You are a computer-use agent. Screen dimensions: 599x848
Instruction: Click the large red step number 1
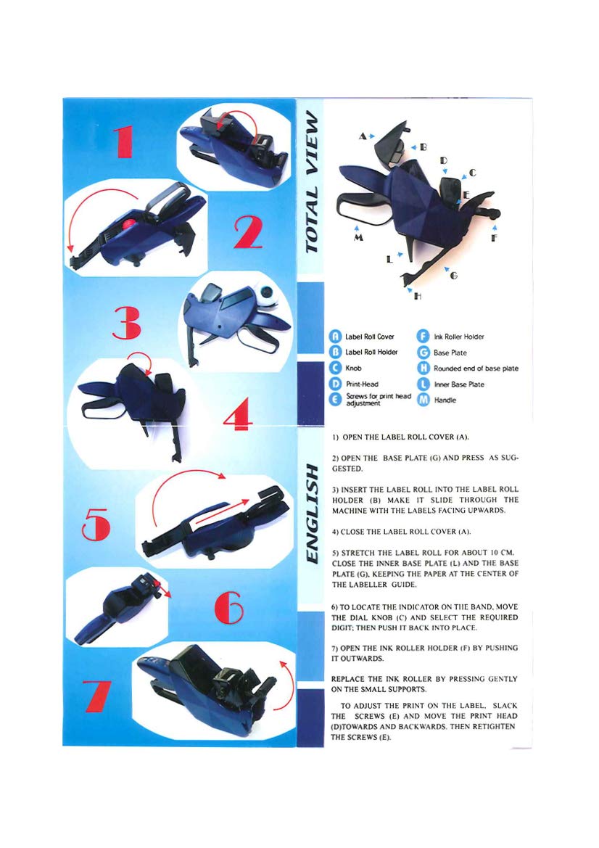tap(124, 141)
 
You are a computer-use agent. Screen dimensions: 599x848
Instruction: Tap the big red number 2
tap(249, 233)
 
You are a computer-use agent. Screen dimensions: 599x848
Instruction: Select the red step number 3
tap(127, 324)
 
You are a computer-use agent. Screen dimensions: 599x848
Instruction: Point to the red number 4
tap(238, 413)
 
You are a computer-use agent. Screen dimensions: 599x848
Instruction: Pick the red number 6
tap(229, 607)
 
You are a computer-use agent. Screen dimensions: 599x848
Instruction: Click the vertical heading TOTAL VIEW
tap(312, 181)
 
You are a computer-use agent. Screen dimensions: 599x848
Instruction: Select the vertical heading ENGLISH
tap(312, 513)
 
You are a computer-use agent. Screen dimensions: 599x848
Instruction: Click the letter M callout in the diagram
tap(358, 237)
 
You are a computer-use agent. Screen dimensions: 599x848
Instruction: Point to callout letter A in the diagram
tap(362, 136)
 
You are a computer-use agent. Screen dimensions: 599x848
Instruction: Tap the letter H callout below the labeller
tap(418, 296)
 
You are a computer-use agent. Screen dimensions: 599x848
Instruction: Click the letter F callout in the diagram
tap(494, 237)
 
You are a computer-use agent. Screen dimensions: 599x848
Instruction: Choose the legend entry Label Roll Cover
tap(370, 337)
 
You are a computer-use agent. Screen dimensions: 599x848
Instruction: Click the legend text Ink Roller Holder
tap(459, 337)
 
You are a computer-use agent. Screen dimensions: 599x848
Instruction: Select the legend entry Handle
tap(445, 400)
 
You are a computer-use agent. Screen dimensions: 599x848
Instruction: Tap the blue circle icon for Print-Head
tap(335, 384)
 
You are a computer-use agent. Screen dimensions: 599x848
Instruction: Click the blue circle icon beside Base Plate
tap(424, 353)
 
